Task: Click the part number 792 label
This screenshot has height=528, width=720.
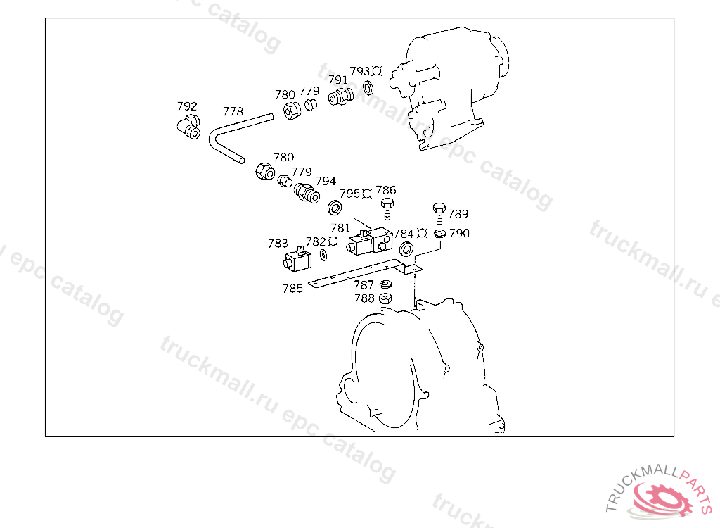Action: coord(187,106)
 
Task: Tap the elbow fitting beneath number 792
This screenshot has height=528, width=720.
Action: coord(188,127)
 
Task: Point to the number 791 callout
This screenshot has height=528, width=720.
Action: coord(338,80)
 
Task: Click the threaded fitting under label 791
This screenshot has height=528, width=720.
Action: coord(341,96)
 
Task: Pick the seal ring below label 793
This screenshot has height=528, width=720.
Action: coord(368,87)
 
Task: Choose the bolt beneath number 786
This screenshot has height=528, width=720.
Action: coord(387,209)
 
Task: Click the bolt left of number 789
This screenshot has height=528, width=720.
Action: coord(439,213)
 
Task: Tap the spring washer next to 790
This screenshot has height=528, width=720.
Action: coord(439,234)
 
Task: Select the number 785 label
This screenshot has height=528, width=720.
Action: coord(292,289)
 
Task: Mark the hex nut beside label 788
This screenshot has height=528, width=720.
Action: coord(386,298)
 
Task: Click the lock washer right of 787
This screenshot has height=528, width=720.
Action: coord(386,284)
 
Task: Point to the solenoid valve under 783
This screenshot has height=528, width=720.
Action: coord(297,259)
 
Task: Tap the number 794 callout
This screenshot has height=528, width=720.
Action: coord(326,181)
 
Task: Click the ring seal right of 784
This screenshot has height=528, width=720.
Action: coord(406,249)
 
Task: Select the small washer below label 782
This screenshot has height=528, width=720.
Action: coord(323,255)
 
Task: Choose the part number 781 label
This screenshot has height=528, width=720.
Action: coord(340,227)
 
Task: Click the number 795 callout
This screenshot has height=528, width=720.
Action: coord(349,194)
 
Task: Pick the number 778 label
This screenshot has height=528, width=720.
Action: coord(233,111)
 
